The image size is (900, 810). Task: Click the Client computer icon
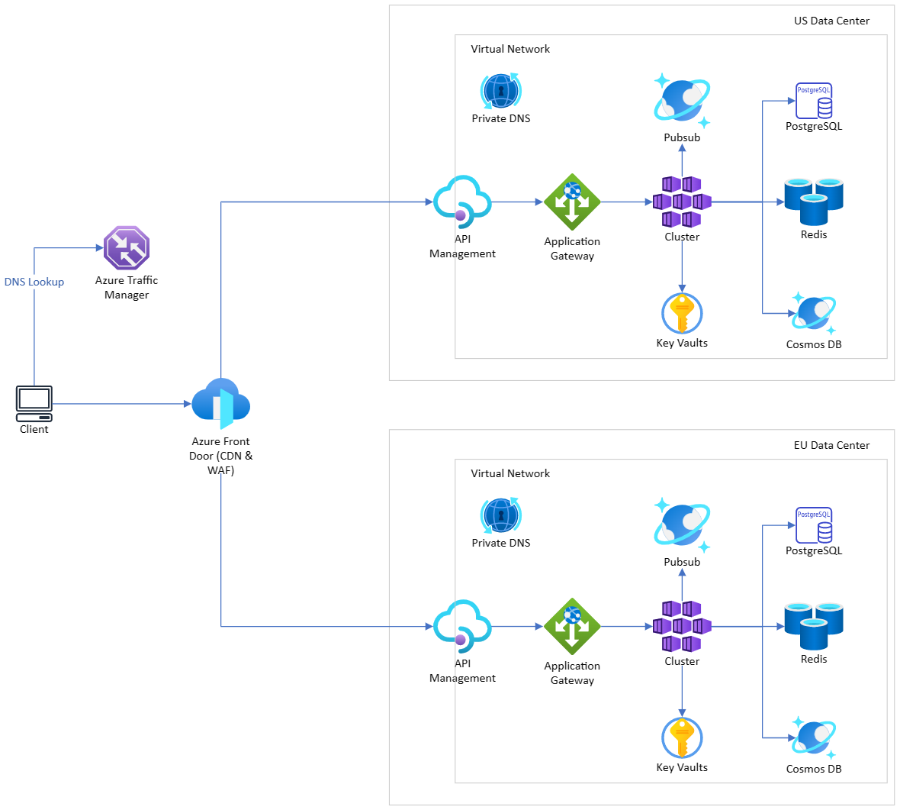[34, 403]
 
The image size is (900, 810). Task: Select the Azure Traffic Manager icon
[127, 247]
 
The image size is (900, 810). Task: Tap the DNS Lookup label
[34, 282]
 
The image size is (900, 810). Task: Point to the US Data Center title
[831, 21]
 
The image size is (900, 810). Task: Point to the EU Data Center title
[831, 445]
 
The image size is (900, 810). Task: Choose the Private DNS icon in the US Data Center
[500, 92]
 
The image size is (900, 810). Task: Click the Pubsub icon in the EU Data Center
[682, 526]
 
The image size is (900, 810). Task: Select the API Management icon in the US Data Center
[462, 202]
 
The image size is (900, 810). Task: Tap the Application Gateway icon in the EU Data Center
[572, 626]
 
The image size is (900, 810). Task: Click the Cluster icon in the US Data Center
[682, 202]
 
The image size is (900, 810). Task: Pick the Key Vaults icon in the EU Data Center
[682, 737]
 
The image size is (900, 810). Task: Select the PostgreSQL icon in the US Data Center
[814, 101]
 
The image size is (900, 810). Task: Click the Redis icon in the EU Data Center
[814, 627]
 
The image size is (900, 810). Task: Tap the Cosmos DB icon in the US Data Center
[814, 312]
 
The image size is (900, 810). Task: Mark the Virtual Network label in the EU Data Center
[510, 473]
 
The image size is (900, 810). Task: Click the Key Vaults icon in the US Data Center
[682, 313]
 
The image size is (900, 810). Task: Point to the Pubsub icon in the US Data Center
[682, 102]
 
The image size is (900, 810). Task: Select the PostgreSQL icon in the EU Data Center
[814, 525]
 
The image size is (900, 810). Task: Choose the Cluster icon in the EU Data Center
[682, 626]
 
